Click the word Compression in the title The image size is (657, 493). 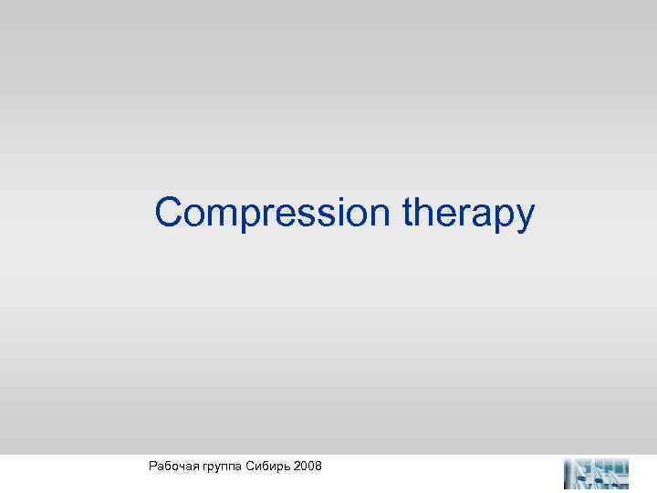[274, 214]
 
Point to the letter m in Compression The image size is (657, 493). [225, 215]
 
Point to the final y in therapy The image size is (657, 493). [525, 219]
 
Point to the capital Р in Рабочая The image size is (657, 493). [151, 467]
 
